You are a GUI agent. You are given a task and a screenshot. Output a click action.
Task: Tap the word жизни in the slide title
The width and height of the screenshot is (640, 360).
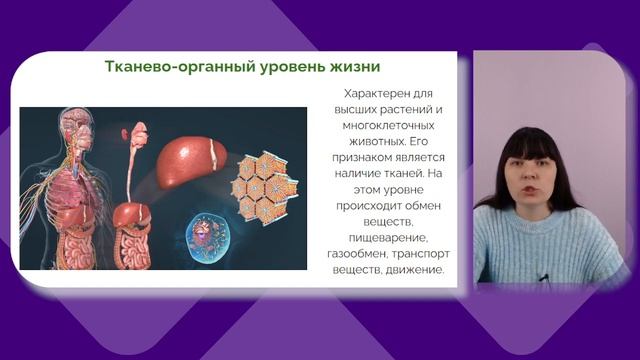coord(351,67)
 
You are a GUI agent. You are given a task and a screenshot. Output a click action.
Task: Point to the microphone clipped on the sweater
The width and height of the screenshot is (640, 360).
coord(542,278)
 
